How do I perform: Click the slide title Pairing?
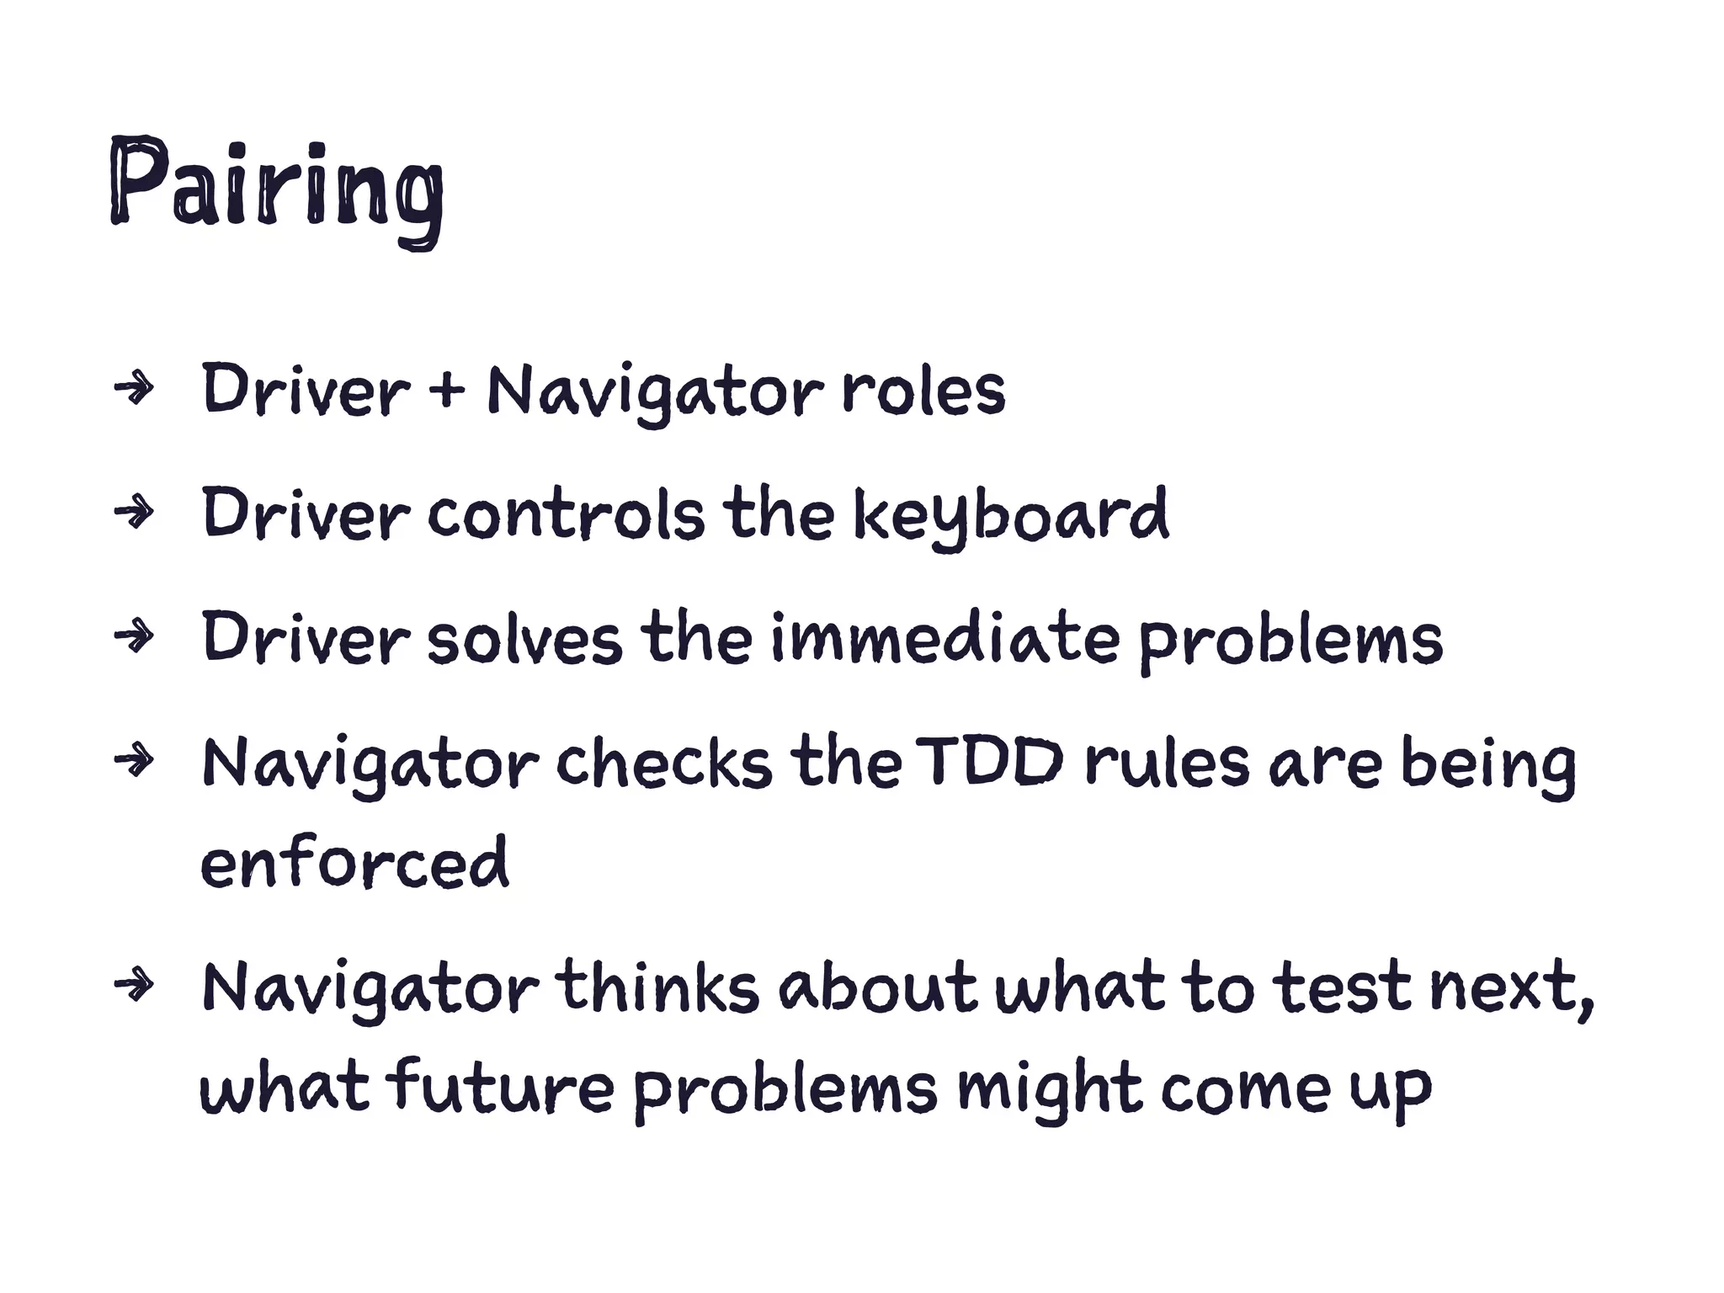pyautogui.click(x=276, y=187)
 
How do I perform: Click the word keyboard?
pyautogui.click(x=1011, y=515)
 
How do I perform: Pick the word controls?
pyautogui.click(x=566, y=514)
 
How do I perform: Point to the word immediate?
pyautogui.click(x=944, y=638)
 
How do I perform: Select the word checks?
pyautogui.click(x=663, y=764)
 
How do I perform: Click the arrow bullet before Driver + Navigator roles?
pyautogui.click(x=135, y=389)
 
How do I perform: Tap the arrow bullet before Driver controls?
pyautogui.click(x=135, y=513)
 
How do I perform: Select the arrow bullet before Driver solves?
pyautogui.click(x=135, y=637)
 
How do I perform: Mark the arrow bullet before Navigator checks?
pyautogui.click(x=135, y=761)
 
